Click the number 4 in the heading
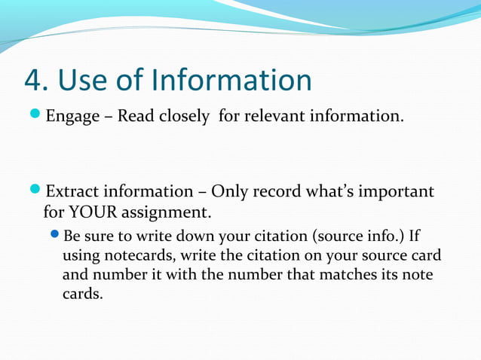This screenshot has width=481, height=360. pyautogui.click(x=33, y=80)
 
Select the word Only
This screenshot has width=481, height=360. pyautogui.click(x=231, y=191)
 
